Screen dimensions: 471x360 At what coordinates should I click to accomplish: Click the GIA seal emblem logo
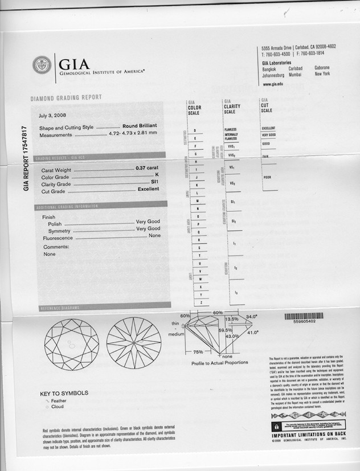click(x=42, y=65)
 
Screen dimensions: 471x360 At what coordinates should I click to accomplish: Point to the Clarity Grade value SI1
click(x=153, y=183)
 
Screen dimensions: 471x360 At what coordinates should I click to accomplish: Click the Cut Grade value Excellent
click(x=148, y=190)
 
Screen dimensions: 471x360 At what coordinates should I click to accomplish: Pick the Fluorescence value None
click(x=154, y=235)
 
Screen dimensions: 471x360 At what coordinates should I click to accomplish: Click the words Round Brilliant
click(x=140, y=127)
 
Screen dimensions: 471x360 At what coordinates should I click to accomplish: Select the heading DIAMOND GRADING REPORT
click(x=66, y=98)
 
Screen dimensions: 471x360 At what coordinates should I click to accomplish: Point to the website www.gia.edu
click(x=273, y=84)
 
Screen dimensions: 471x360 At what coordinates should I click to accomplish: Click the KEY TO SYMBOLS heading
click(x=64, y=393)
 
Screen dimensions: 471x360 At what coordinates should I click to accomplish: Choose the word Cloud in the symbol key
click(x=58, y=407)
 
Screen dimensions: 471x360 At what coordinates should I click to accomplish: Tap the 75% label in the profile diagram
click(x=198, y=351)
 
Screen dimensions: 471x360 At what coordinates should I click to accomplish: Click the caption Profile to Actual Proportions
click(x=219, y=362)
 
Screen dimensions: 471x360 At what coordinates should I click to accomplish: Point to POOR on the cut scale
click(x=267, y=177)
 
